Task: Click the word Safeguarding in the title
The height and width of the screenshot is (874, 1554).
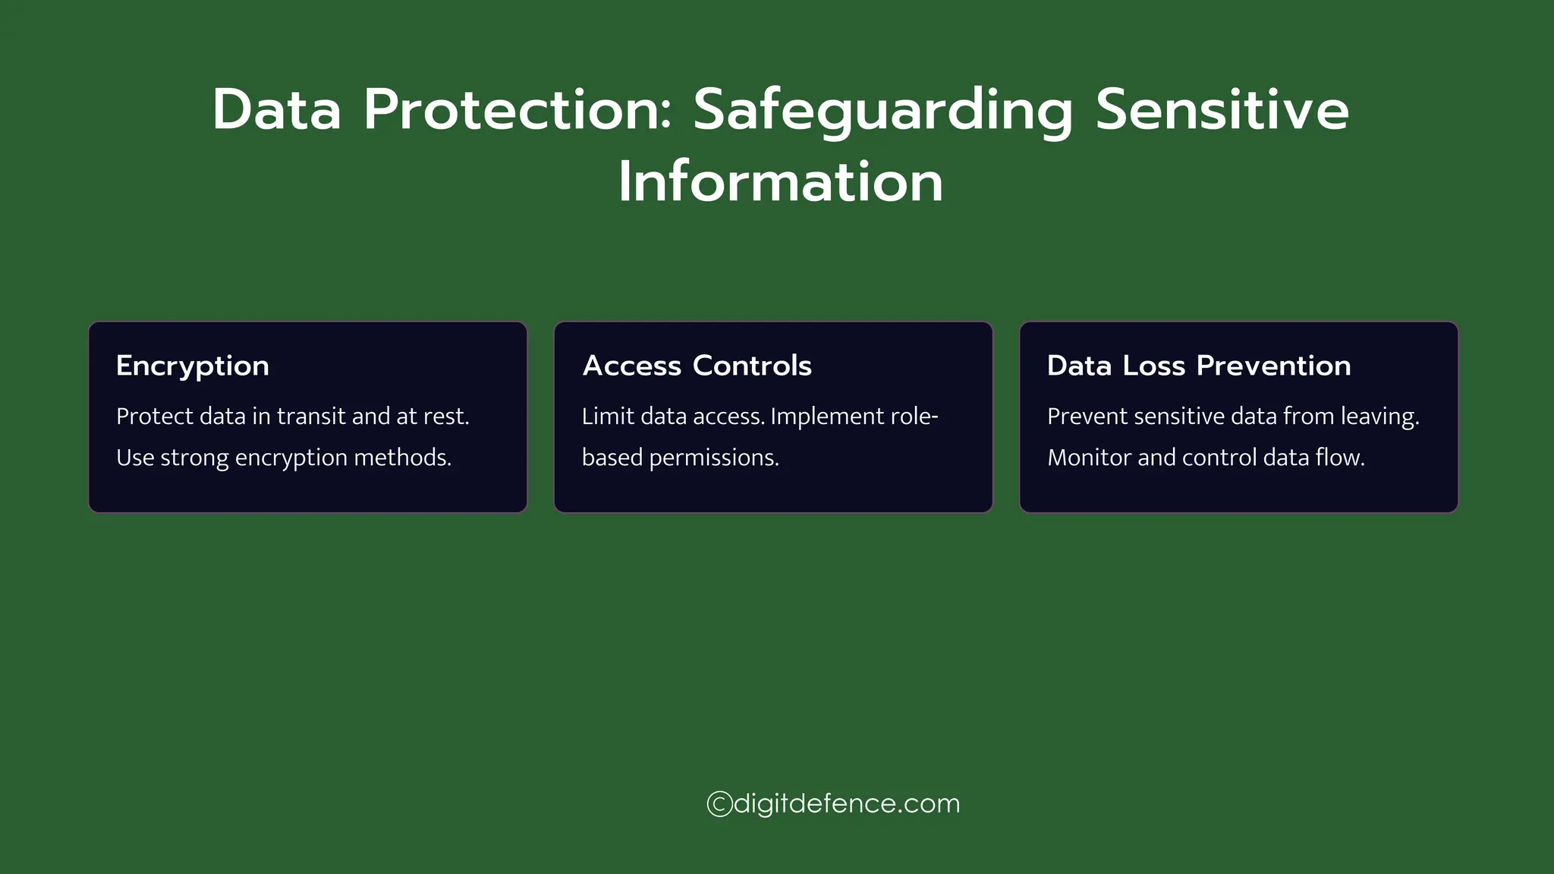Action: (883, 111)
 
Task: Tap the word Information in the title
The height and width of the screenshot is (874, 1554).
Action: (780, 182)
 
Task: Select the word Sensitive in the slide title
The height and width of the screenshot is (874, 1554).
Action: (1222, 111)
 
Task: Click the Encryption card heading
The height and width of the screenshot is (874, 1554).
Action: (193, 366)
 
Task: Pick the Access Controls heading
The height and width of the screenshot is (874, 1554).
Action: (697, 366)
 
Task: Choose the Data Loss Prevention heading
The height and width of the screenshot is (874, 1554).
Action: (1199, 366)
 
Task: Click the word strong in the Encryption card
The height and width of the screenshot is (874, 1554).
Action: (194, 458)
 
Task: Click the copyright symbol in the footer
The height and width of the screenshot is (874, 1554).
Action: (719, 803)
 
